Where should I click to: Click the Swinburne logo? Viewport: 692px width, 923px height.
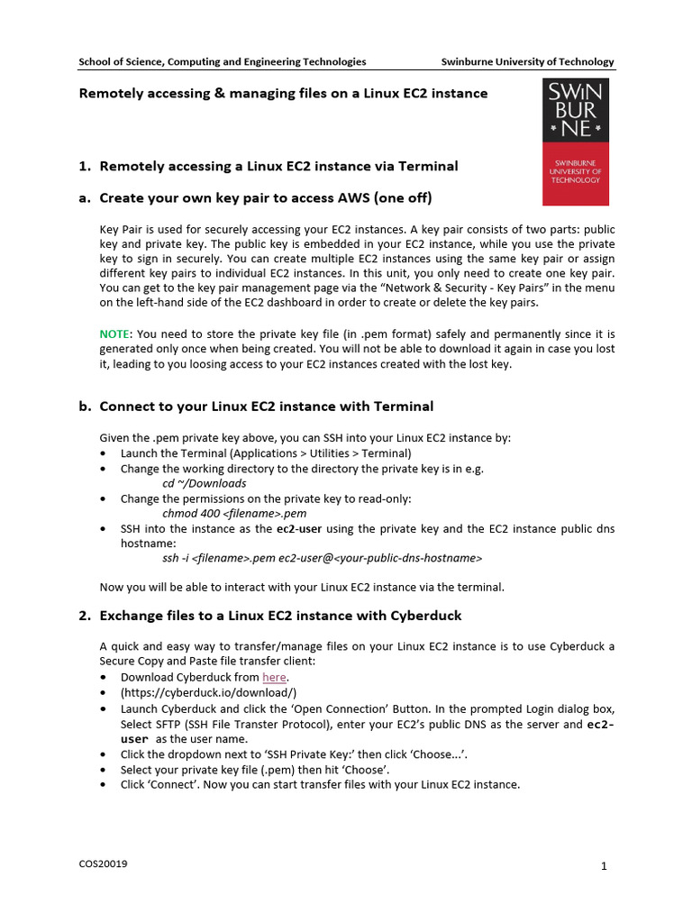(575, 142)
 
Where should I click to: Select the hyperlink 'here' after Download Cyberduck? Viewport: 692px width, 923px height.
(274, 677)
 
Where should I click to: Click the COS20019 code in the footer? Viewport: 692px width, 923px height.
(103, 864)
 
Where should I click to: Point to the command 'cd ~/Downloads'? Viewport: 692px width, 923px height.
(204, 483)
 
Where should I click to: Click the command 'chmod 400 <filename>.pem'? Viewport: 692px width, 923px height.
(227, 513)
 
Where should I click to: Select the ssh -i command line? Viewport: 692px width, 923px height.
(322, 558)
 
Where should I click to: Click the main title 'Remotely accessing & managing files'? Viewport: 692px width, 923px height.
(284, 94)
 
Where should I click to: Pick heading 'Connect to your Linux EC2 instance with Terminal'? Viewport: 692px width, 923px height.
(266, 407)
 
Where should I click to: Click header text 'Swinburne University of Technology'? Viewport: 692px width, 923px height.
(527, 62)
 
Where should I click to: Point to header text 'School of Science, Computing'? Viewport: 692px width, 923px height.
(223, 62)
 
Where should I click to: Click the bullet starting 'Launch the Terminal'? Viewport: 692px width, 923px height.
(266, 453)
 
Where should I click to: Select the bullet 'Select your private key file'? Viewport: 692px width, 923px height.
(255, 769)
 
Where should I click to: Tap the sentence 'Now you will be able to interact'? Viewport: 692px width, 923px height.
(302, 587)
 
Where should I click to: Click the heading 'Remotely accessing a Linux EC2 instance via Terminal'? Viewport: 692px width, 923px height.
(278, 166)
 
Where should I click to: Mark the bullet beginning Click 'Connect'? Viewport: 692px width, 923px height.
(320, 784)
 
